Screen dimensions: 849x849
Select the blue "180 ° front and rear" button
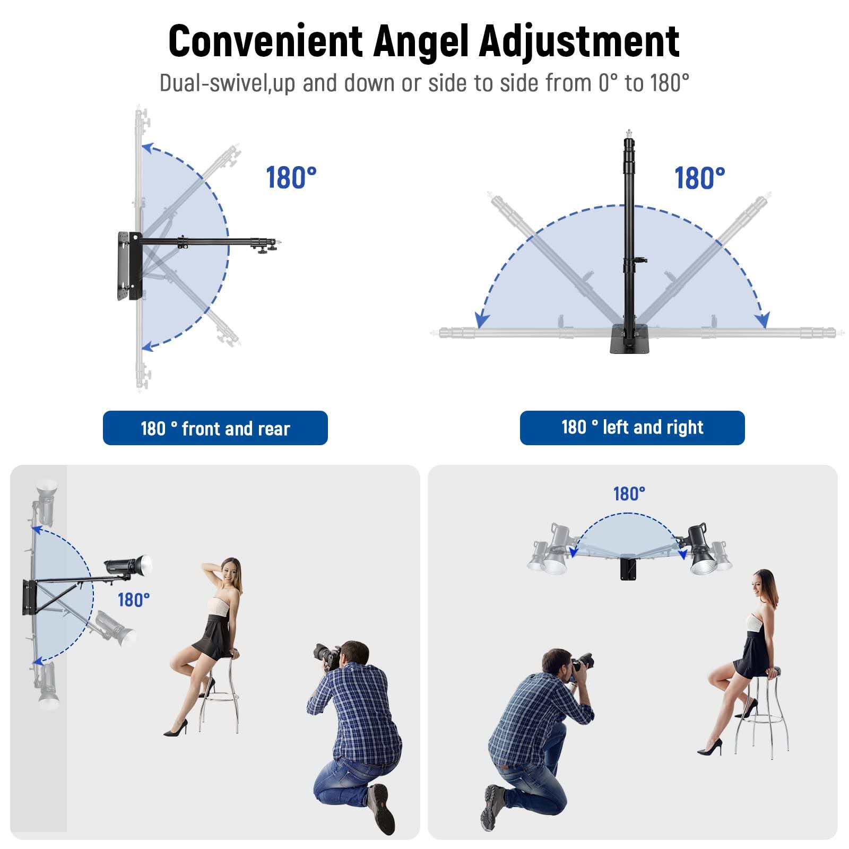coord(215,428)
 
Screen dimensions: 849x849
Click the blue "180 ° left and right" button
coord(632,427)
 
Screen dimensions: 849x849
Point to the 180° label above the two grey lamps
coord(629,494)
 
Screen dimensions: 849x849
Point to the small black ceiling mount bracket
coord(629,568)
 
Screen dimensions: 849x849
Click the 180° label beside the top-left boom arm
coord(291,178)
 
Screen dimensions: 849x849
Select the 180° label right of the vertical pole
coord(699,178)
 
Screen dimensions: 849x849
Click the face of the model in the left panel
coord(229,571)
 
